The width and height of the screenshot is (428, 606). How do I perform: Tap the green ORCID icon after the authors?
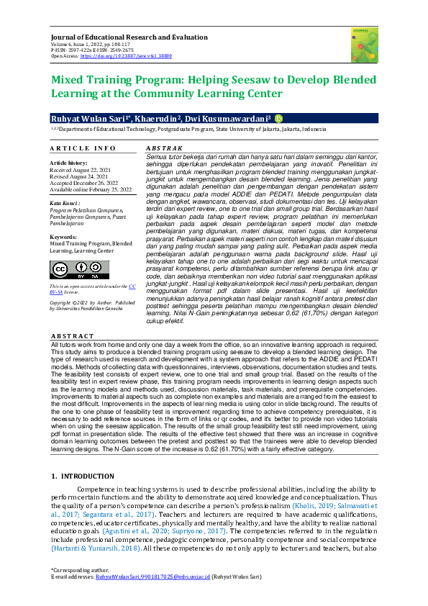(x=278, y=119)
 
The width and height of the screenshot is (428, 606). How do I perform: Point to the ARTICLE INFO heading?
(x=83, y=148)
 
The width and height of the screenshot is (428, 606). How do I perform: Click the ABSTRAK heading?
(x=163, y=148)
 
